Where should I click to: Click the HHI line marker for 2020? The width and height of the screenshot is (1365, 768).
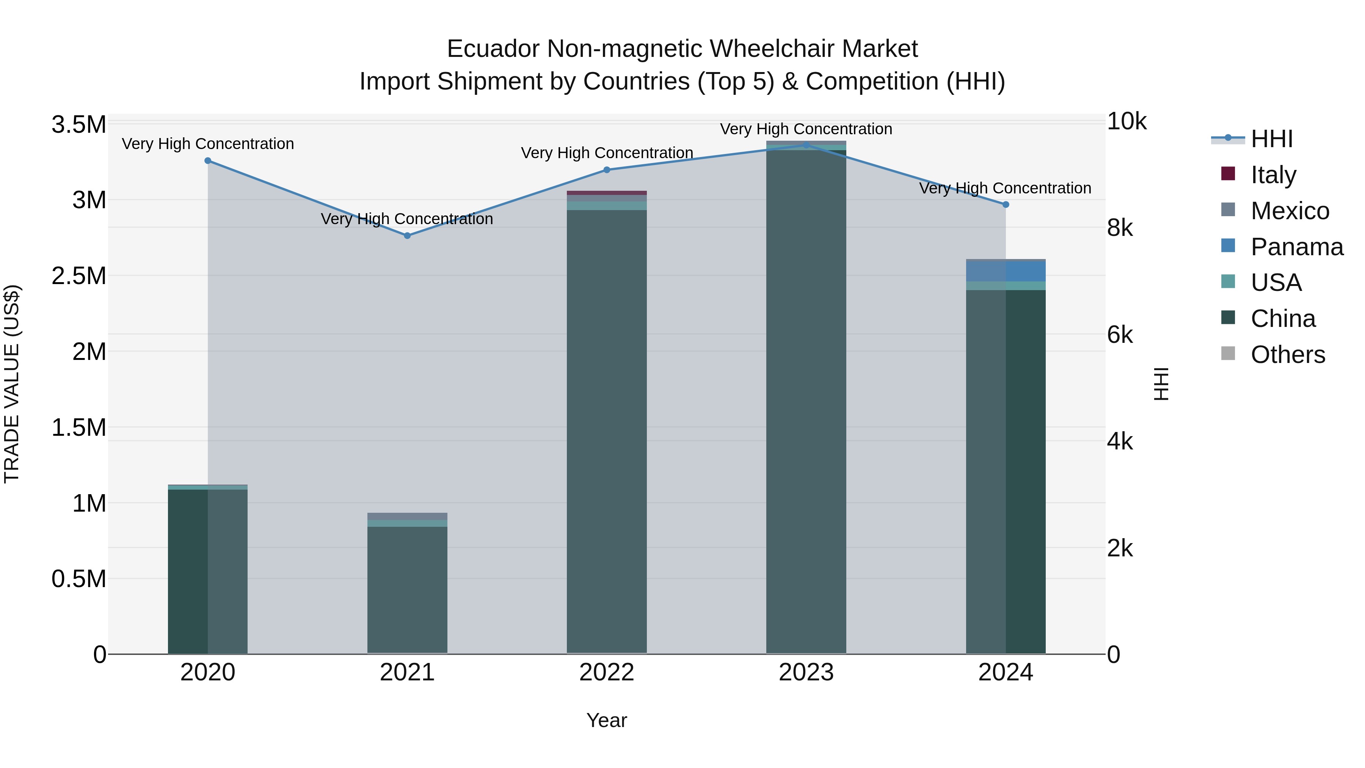[x=208, y=160]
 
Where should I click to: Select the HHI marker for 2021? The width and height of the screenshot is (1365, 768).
[x=407, y=235]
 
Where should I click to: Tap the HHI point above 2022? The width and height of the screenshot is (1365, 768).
[x=607, y=170]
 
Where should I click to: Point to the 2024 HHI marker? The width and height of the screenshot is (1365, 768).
[x=1006, y=204]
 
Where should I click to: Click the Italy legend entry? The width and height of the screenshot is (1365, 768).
[x=1273, y=175]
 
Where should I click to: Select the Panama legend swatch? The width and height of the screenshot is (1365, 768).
[x=1228, y=246]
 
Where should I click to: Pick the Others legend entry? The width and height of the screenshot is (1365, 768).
[x=1288, y=355]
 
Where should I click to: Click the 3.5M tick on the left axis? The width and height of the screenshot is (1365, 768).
[x=78, y=125]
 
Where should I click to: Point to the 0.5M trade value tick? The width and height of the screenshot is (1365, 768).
[x=78, y=579]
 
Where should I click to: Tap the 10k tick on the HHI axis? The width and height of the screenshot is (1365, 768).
[x=1127, y=122]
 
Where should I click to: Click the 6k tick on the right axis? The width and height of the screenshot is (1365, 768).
[x=1120, y=335]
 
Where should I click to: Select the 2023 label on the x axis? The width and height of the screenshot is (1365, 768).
[x=806, y=672]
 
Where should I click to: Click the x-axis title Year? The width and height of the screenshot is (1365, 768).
[x=607, y=720]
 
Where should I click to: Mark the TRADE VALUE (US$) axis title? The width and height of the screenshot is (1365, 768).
[x=12, y=384]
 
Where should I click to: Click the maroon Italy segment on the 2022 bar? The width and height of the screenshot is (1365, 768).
[x=607, y=193]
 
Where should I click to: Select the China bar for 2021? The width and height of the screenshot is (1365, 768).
[x=407, y=588]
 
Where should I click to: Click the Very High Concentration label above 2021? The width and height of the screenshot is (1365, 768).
[x=407, y=219]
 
